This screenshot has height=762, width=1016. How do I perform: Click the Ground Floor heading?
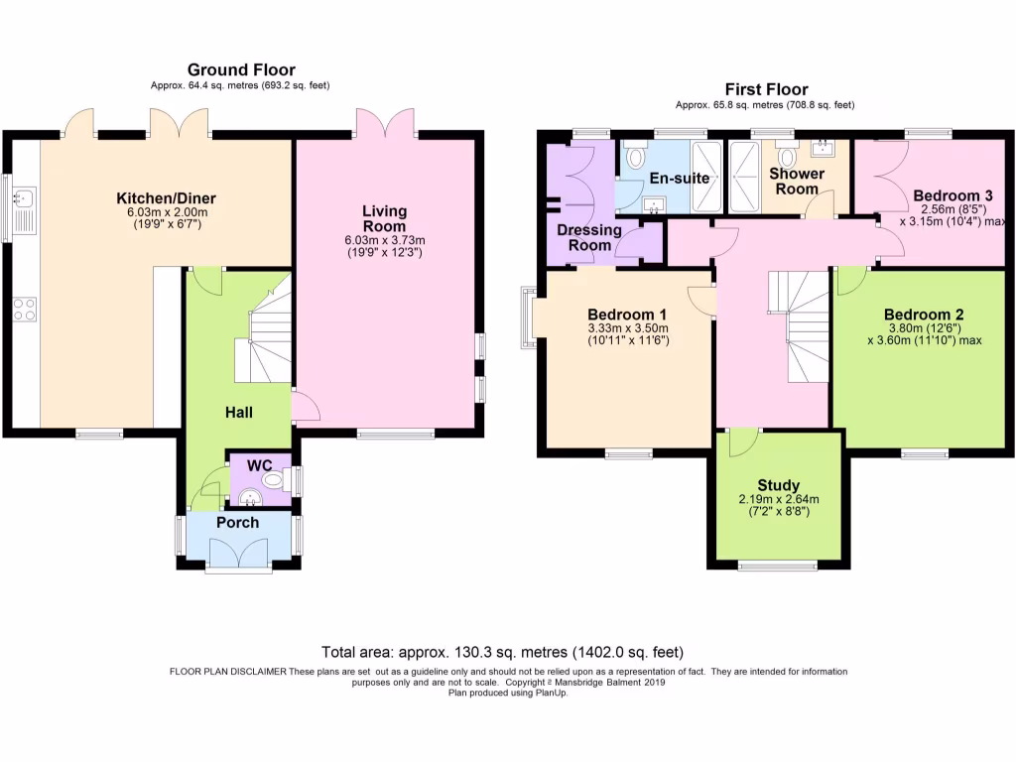(241, 69)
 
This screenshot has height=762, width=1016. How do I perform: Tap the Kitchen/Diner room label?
(166, 198)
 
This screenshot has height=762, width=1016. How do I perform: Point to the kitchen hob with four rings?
(25, 309)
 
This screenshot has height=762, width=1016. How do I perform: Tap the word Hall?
(237, 411)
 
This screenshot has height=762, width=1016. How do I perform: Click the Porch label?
(237, 522)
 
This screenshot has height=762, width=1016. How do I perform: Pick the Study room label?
(778, 485)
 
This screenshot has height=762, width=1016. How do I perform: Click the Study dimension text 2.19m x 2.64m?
(778, 499)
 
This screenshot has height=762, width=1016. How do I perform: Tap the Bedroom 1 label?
(628, 313)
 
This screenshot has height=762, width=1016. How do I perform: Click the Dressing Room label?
(589, 238)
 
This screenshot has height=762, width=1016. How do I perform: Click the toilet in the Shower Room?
(788, 157)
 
